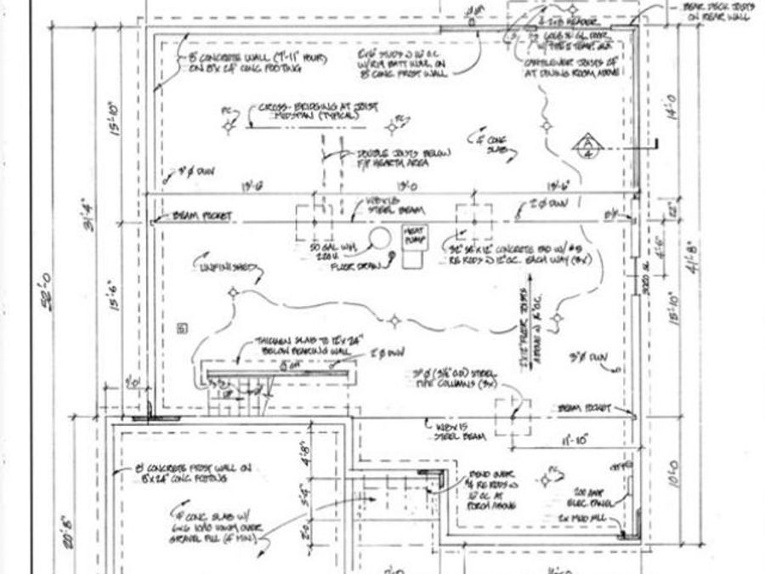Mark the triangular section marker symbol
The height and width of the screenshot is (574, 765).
point(586,145)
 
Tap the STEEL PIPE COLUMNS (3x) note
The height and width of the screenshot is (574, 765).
point(454,378)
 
